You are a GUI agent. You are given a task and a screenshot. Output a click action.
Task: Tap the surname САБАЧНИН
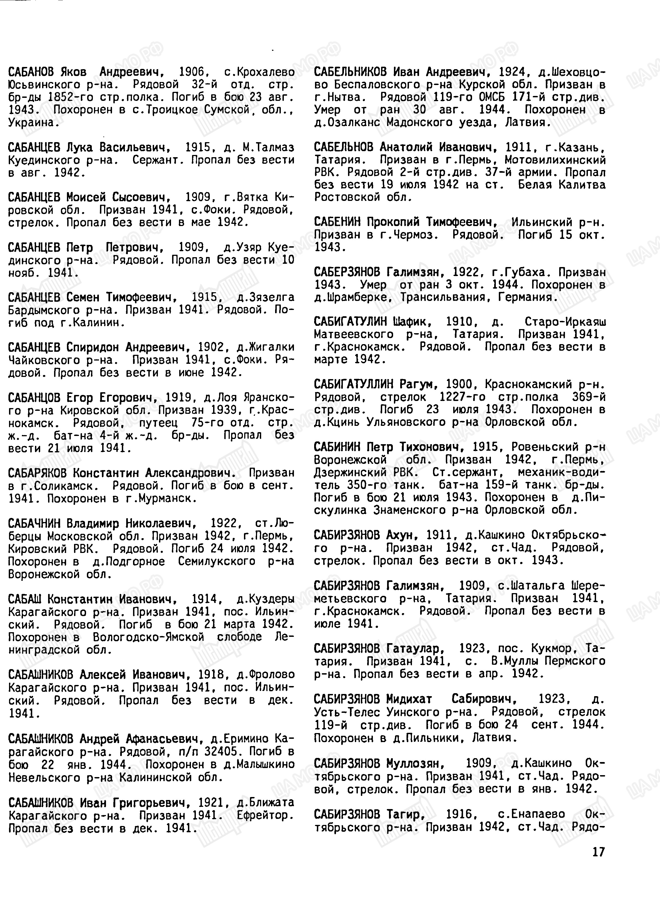tap(34, 523)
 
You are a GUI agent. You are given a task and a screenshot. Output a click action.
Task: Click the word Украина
tap(31, 122)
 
